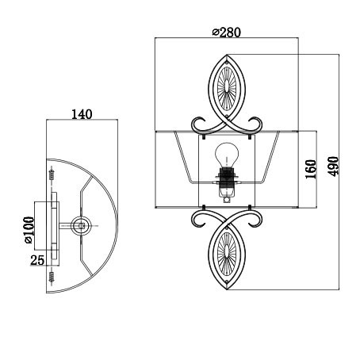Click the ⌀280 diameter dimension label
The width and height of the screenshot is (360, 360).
click(227, 33)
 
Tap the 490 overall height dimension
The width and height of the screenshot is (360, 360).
click(333, 167)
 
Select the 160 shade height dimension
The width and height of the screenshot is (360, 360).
click(311, 169)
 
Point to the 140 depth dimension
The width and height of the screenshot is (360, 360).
click(82, 114)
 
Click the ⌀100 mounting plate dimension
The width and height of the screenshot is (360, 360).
click(29, 230)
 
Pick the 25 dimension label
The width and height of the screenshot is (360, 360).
click(37, 260)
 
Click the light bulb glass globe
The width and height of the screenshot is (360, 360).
click(227, 155)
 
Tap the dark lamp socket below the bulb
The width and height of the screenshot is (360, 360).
click(227, 176)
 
